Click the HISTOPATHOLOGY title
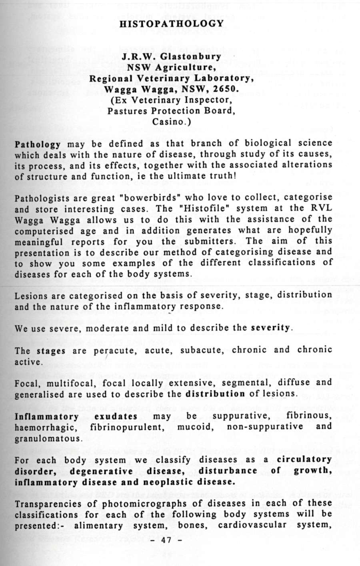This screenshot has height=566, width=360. coord(172,24)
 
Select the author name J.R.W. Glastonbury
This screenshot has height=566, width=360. coord(172,56)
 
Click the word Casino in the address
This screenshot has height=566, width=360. coord(167,121)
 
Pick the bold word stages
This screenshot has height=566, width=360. coord(51,351)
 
